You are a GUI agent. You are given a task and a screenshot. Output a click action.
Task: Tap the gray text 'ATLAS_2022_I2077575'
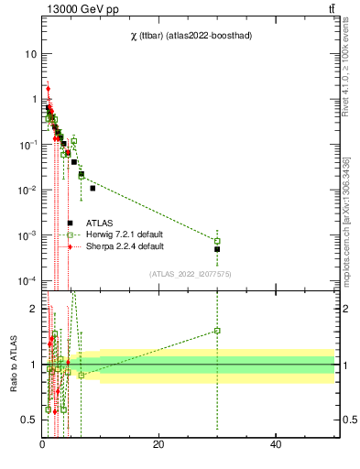coord(191,273)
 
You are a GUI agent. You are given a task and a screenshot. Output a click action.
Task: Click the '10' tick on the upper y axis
coord(29,54)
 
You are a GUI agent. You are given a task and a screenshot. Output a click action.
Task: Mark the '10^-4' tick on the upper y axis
coord(26,280)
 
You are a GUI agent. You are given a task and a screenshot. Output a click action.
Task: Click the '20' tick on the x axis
coord(158,444)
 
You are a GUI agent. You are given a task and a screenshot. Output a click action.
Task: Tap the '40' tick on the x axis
coord(276,444)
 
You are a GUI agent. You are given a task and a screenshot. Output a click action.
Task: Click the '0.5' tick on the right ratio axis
coord(347,420)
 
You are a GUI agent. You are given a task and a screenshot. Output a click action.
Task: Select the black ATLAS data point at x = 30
coord(217,249)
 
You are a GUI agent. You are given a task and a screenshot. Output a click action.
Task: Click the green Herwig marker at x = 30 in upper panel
coord(217,241)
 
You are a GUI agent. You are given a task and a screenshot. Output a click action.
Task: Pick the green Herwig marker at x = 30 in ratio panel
coord(217,331)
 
